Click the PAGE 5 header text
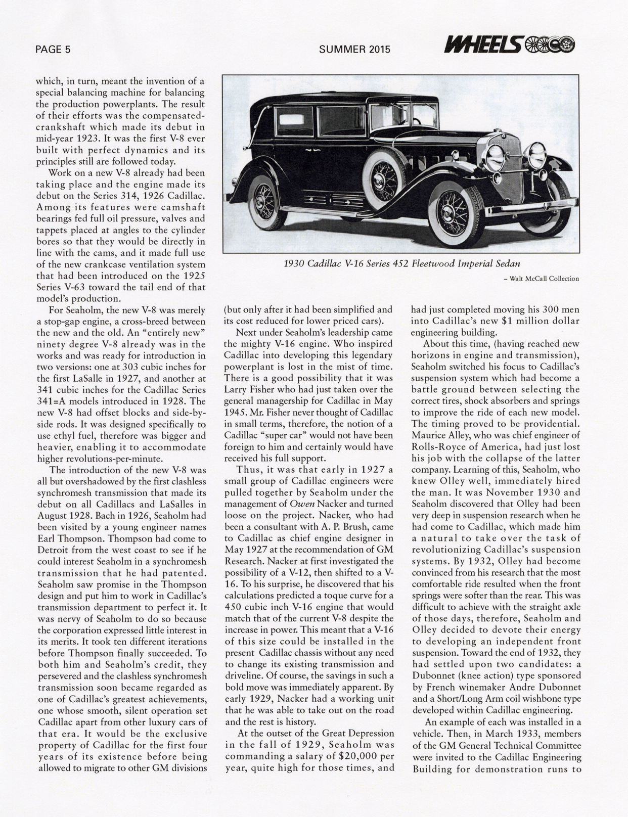coord(53,49)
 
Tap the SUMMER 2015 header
coord(355,49)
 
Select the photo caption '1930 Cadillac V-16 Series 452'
coord(402,263)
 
